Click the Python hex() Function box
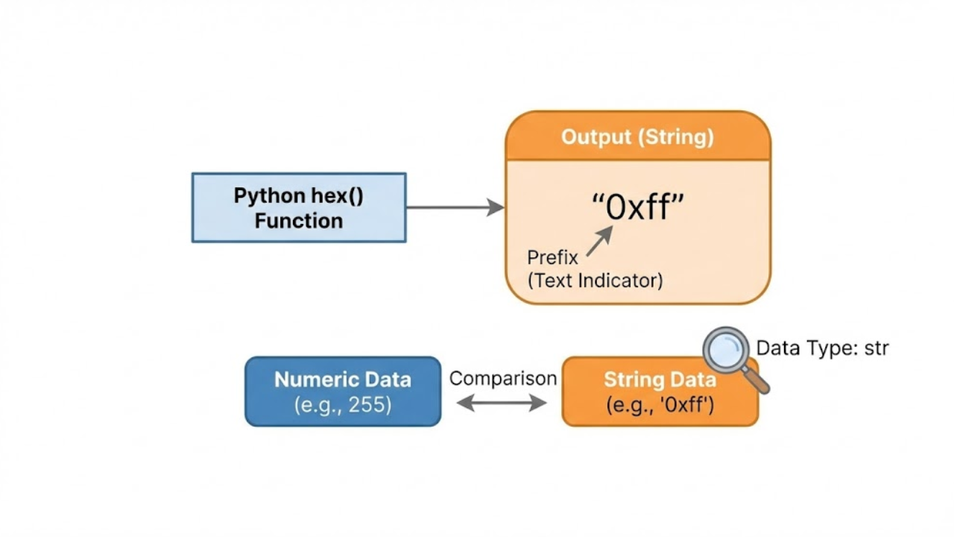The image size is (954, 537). [x=298, y=207]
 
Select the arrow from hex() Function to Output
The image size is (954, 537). [x=455, y=207]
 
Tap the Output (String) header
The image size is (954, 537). [x=637, y=137]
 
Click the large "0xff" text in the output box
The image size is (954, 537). [x=637, y=207]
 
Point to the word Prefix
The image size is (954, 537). [x=552, y=258]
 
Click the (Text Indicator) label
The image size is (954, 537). [x=595, y=280]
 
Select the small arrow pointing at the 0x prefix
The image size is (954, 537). [x=600, y=241]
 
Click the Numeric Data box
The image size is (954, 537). [x=343, y=392]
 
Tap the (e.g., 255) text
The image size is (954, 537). [x=343, y=405]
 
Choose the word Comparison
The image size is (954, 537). [x=503, y=378]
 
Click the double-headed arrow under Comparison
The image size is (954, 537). [x=502, y=403]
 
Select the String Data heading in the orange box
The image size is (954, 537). [x=660, y=380]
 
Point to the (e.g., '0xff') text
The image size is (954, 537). [x=660, y=405]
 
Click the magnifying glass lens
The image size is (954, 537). [x=726, y=350]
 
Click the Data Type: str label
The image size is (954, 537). [x=822, y=348]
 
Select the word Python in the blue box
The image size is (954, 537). [x=266, y=196]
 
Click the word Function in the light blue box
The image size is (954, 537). [x=298, y=221]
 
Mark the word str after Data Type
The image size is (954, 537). [x=876, y=348]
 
